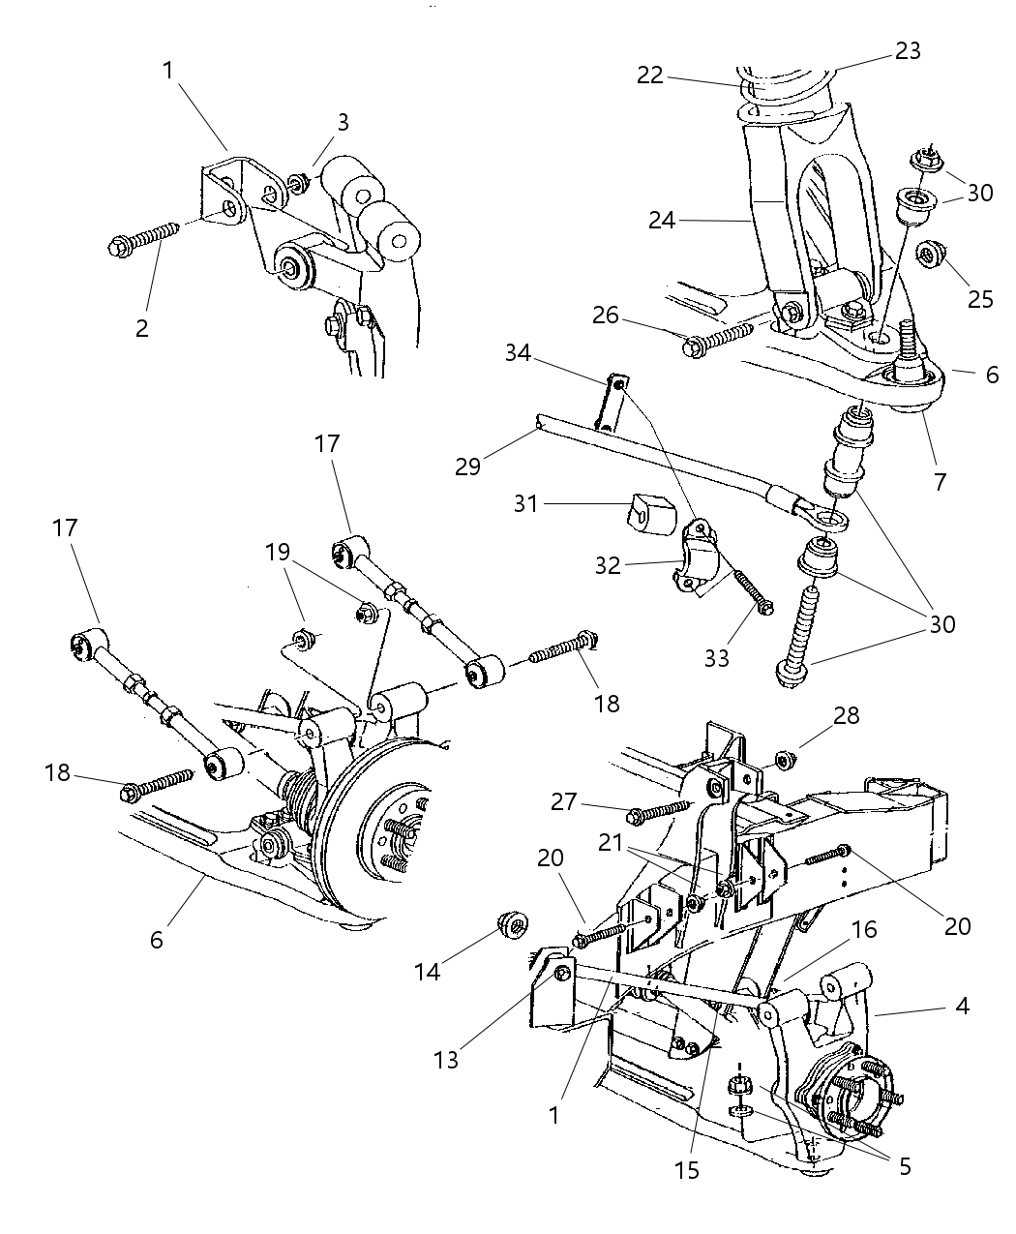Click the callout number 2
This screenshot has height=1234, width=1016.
coord(142,328)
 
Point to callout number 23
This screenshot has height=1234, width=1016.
coord(908,50)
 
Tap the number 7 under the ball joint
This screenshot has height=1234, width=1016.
coord(941,481)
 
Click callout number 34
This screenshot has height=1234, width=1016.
coord(518,353)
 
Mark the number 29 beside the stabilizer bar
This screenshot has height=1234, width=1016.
coord(468,466)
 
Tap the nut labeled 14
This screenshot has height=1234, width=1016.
coord(511,926)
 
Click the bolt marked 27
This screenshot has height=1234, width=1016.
coord(658,812)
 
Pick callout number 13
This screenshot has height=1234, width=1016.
coord(447,1061)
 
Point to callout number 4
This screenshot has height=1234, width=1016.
coord(962,1007)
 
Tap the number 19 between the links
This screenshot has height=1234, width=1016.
coord(278,554)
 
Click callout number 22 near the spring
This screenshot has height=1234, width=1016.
coord(650,75)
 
